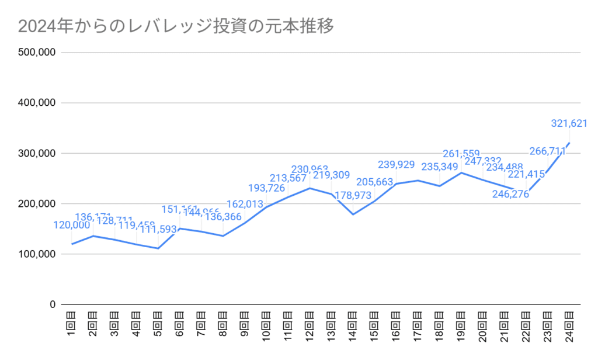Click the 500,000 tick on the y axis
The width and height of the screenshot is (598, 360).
(37, 53)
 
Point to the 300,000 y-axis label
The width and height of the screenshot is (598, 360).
(37, 154)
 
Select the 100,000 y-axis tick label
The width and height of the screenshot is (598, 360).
(37, 255)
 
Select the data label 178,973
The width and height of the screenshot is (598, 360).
(353, 195)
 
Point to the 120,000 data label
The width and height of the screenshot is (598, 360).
(72, 225)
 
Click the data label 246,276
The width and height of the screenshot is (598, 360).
(510, 195)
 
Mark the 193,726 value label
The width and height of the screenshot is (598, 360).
(266, 188)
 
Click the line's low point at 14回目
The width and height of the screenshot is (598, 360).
(353, 214)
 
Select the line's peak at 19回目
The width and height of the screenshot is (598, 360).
(462, 172)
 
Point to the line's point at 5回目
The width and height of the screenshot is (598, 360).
(158, 248)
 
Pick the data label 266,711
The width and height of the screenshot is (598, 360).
(547, 151)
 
